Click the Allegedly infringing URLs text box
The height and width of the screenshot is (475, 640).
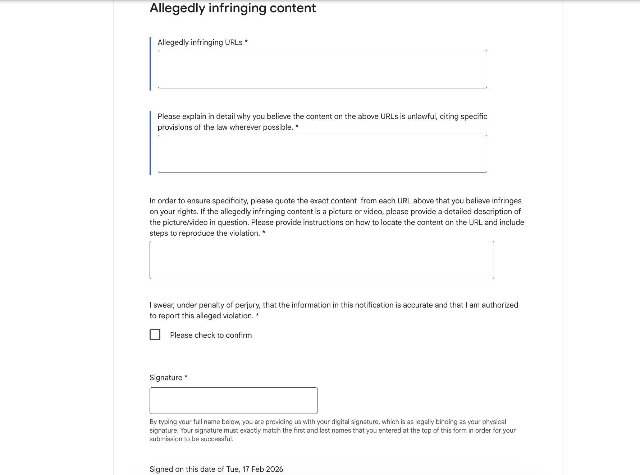click(x=322, y=69)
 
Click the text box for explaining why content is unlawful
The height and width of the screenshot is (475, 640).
click(x=322, y=154)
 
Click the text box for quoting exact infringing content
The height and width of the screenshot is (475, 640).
click(x=321, y=260)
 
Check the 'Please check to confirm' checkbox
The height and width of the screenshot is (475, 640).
click(x=155, y=335)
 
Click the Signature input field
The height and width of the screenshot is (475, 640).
click(x=233, y=400)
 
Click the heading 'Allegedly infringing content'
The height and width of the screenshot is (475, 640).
click(x=233, y=8)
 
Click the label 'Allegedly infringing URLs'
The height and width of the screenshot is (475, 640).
click(x=200, y=42)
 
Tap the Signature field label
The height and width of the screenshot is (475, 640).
click(x=166, y=378)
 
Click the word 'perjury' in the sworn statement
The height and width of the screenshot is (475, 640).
click(x=247, y=305)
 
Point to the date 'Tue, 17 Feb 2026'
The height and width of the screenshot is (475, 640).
click(x=255, y=469)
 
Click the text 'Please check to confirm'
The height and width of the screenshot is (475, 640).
click(x=211, y=335)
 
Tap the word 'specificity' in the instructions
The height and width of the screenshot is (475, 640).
click(x=229, y=201)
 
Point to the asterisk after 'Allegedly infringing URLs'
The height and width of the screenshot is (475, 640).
click(x=246, y=42)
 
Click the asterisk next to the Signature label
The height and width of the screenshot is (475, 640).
click(x=186, y=377)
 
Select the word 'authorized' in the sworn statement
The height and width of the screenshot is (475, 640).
click(x=500, y=305)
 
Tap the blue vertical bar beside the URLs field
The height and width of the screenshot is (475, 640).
click(x=150, y=64)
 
